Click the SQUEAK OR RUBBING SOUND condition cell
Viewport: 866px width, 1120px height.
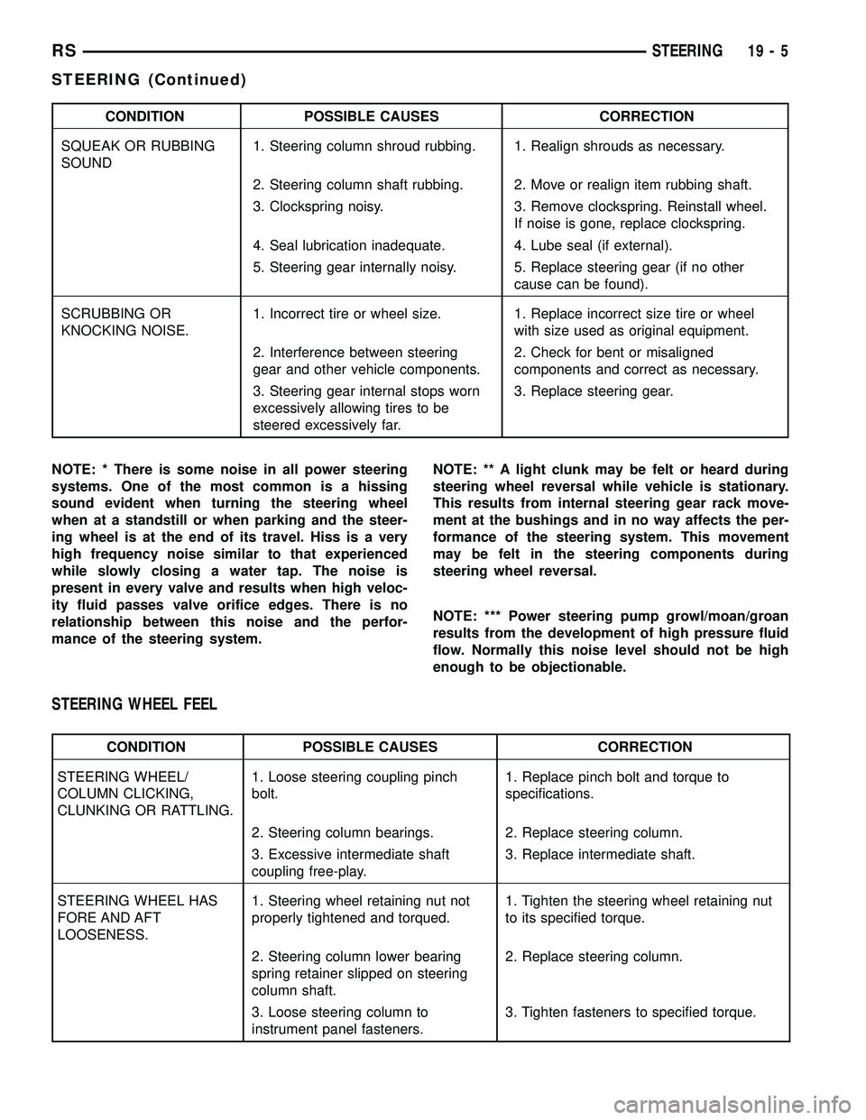(x=137, y=154)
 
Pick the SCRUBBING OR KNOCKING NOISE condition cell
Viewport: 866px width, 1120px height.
(x=124, y=322)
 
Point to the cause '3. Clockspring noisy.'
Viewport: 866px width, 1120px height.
(x=318, y=207)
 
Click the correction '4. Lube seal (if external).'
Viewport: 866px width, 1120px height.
(x=592, y=245)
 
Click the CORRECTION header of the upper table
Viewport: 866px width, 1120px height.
(x=647, y=116)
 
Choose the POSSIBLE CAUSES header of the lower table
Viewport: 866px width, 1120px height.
(x=370, y=747)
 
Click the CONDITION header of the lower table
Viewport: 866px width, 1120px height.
(x=146, y=747)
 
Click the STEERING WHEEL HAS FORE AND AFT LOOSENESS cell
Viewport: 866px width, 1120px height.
(x=137, y=918)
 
